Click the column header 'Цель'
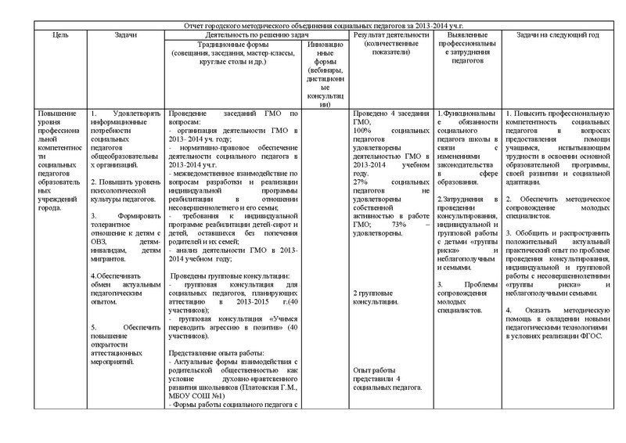pos(52,35)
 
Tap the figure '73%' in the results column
pos(398,225)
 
